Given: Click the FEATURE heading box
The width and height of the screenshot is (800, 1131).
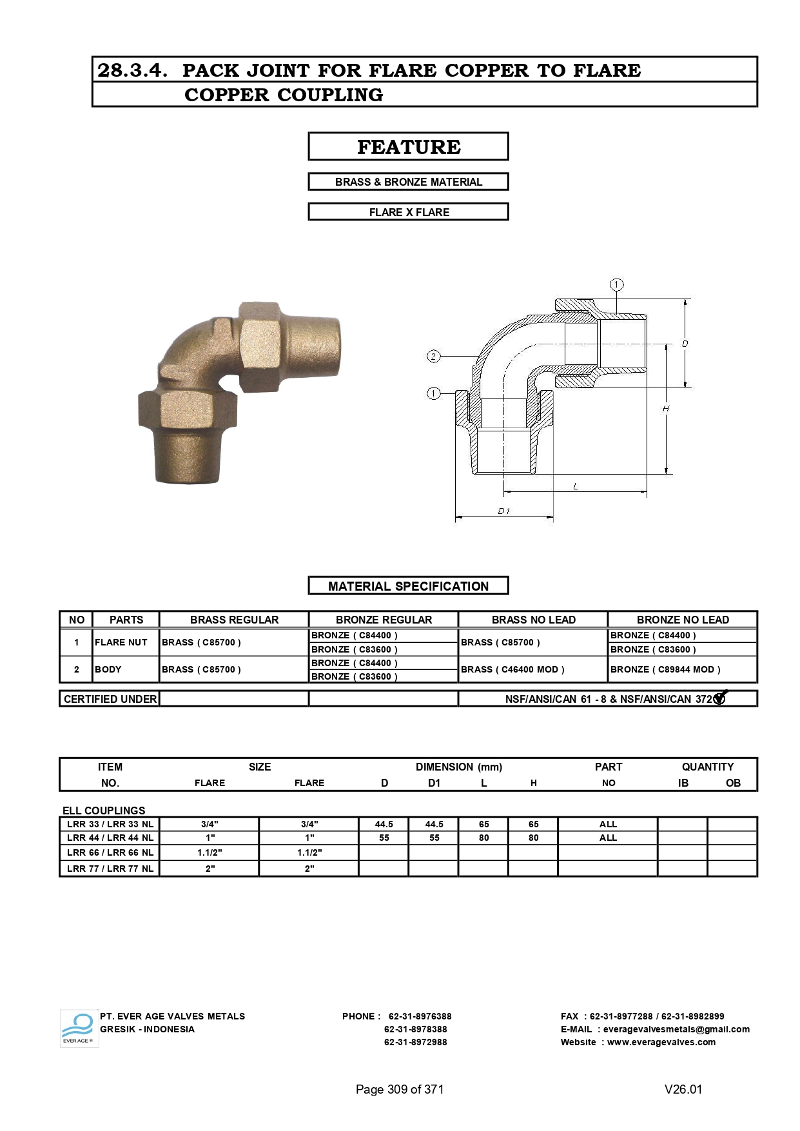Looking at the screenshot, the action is pyautogui.click(x=408, y=146).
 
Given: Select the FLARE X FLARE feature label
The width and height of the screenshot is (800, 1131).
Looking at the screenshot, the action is pyautogui.click(x=408, y=212).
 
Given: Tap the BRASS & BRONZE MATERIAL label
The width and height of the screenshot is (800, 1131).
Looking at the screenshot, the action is pyautogui.click(x=408, y=182).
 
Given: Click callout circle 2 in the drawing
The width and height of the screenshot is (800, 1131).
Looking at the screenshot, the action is pyautogui.click(x=434, y=357).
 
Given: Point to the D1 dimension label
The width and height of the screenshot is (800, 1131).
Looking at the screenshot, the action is pyautogui.click(x=504, y=511).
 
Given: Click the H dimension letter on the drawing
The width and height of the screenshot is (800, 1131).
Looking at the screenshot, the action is pyautogui.click(x=666, y=408).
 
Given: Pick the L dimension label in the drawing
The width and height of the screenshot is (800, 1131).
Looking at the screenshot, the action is pyautogui.click(x=576, y=486).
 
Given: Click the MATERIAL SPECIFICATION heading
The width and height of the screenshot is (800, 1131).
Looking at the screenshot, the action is pyautogui.click(x=408, y=586).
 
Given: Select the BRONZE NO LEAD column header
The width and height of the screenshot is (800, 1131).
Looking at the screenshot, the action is pyautogui.click(x=683, y=620).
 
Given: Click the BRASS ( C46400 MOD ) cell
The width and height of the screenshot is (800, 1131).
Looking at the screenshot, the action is pyautogui.click(x=512, y=669).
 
